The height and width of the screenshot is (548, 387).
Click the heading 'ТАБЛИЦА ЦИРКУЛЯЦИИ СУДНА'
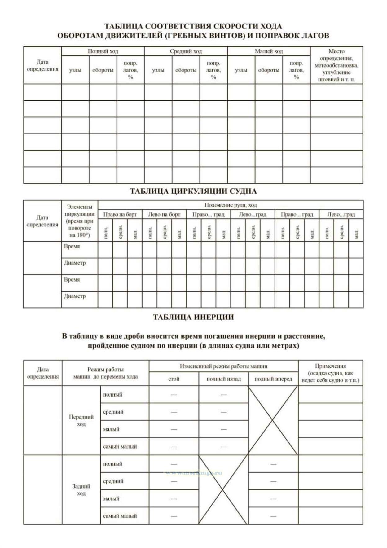point(193,191)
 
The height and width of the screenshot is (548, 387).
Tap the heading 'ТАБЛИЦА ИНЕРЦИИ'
point(193,317)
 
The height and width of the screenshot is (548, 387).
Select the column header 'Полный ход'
point(103,51)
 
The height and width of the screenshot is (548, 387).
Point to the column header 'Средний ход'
point(186,51)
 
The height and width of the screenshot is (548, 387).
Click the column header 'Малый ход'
point(269,51)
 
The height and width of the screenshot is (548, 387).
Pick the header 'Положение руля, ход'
point(231,205)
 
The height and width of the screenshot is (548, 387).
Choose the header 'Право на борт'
point(120,214)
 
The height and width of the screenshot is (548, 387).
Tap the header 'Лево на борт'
point(164,214)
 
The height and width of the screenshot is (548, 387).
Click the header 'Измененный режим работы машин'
point(223,366)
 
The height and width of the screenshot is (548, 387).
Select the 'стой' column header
point(174,379)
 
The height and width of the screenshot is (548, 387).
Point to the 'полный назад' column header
point(223,379)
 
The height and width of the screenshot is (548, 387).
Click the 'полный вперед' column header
point(273,379)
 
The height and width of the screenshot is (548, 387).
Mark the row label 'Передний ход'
point(81,420)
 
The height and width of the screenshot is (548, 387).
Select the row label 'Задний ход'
point(81,490)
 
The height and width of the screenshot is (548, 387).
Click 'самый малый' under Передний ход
point(120,447)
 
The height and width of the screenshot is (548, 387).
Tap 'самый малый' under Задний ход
point(120,516)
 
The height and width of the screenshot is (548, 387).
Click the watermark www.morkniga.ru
point(194,473)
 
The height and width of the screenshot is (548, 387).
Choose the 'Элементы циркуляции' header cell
point(80,221)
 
